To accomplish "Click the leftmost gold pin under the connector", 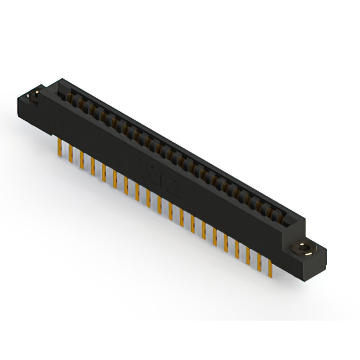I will pos(60,148).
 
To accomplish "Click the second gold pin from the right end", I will pos(259,259).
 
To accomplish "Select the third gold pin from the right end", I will pos(248,253).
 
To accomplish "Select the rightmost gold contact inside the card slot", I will pos(281,213).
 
